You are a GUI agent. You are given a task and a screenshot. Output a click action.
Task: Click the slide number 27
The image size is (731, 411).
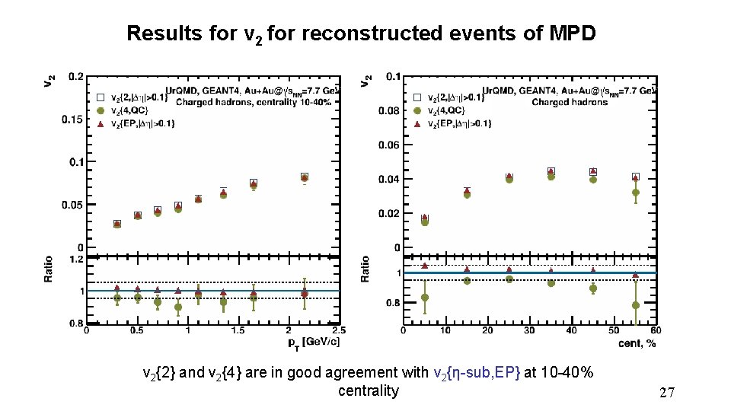(x=667, y=393)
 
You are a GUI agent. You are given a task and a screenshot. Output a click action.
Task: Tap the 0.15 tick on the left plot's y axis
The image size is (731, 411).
(x=74, y=119)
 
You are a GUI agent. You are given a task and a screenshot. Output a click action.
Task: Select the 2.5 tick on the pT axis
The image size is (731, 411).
(x=339, y=331)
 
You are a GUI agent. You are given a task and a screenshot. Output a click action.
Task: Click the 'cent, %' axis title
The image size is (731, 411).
(x=637, y=342)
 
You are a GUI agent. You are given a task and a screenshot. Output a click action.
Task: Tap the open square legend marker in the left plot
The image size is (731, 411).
(x=99, y=97)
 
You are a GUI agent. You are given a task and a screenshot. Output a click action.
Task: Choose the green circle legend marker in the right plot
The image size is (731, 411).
(x=417, y=110)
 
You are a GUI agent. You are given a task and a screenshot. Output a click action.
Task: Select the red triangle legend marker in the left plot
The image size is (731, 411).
(x=99, y=123)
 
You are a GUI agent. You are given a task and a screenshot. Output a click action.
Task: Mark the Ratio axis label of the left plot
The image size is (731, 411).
(x=49, y=269)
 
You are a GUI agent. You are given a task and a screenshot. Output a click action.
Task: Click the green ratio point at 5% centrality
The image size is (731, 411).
(x=425, y=298)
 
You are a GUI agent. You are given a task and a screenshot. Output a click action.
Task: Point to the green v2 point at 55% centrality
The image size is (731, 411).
(x=636, y=193)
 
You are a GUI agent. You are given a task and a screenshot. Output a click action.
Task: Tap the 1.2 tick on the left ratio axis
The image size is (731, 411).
(x=76, y=259)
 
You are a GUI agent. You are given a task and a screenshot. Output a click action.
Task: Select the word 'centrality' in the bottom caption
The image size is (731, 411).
(x=368, y=391)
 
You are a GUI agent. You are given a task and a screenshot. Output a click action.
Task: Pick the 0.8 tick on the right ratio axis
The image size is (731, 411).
(x=391, y=303)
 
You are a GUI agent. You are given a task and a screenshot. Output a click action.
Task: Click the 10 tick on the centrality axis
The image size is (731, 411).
(x=445, y=331)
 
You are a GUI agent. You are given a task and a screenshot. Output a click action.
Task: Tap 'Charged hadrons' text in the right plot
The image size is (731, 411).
(x=570, y=102)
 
